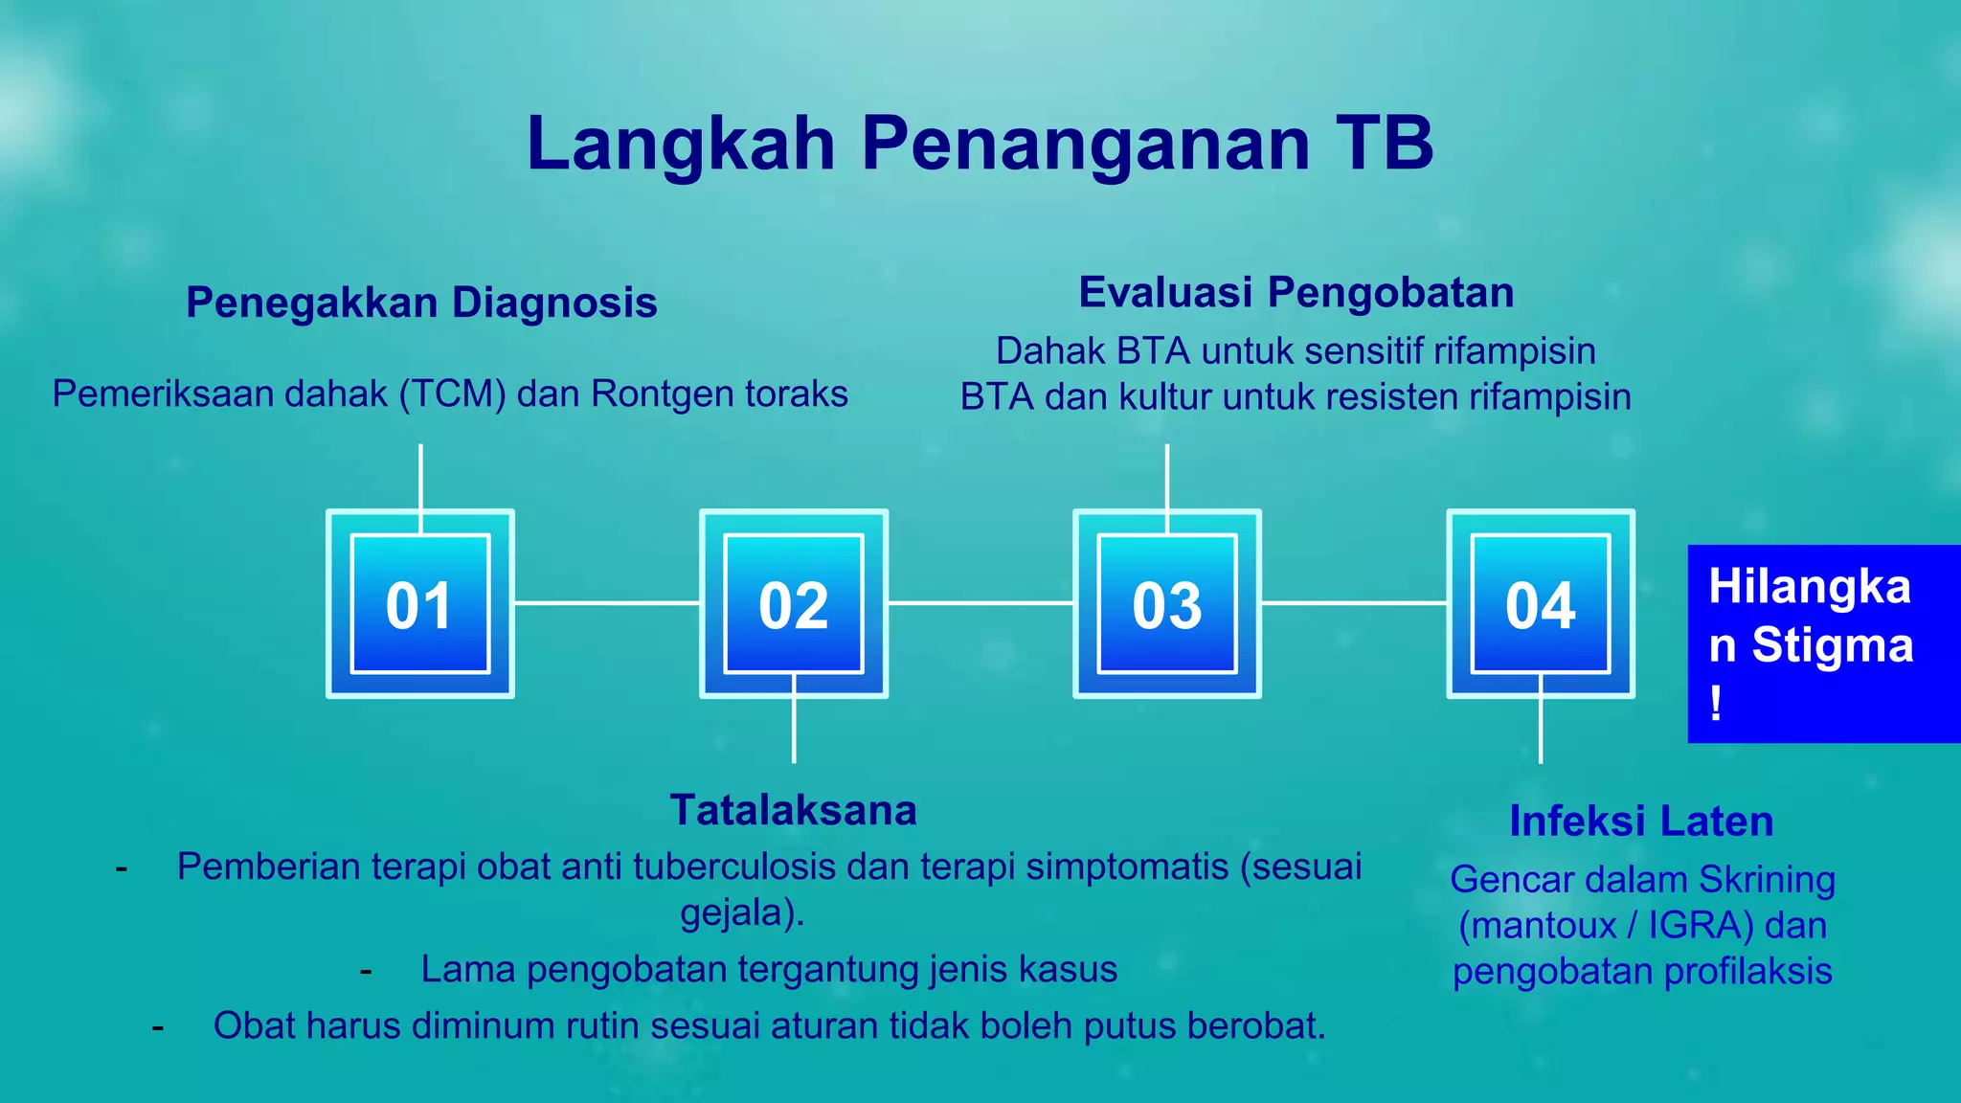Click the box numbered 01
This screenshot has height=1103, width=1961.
(x=420, y=604)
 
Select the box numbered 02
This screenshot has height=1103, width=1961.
(x=794, y=604)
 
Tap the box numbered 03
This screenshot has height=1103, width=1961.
(x=1166, y=604)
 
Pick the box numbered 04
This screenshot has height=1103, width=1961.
(x=1540, y=604)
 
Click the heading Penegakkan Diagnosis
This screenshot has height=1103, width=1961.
(x=421, y=303)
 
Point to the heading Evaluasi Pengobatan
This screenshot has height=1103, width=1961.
(x=1296, y=293)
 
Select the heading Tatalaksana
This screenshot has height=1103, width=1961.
(x=793, y=810)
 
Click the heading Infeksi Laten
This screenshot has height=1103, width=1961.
(x=1641, y=822)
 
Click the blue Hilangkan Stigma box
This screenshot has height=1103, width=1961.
(x=1822, y=643)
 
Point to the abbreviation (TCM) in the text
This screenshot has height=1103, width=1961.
(x=452, y=394)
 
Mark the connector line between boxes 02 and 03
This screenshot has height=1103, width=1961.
(x=980, y=603)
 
